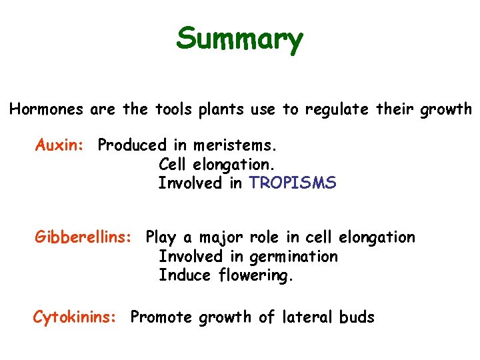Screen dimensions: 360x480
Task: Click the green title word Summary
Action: [x=239, y=40]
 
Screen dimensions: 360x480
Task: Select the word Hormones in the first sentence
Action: [x=47, y=109]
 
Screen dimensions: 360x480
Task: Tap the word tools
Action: [x=169, y=109]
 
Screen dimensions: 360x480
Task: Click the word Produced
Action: [x=132, y=145]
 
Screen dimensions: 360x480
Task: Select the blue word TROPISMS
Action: [x=293, y=183]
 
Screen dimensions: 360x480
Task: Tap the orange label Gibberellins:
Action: [x=83, y=237]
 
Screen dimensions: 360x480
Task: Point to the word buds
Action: [x=357, y=317]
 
